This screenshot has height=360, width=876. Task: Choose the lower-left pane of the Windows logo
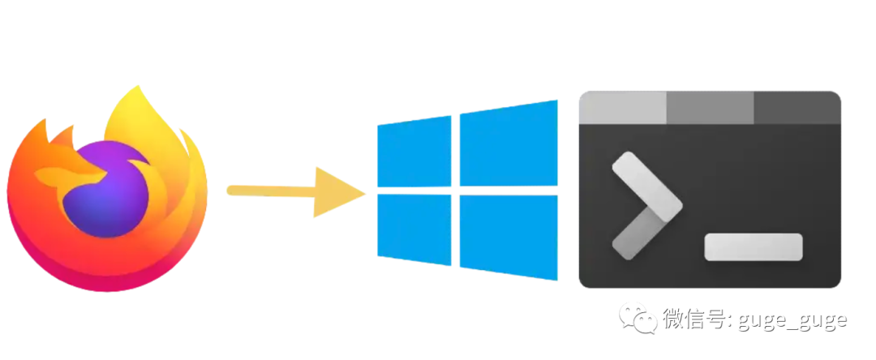414,229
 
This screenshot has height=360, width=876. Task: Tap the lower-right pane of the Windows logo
509,237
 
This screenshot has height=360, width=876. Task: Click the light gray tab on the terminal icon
622,107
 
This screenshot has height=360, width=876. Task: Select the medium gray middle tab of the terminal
710,107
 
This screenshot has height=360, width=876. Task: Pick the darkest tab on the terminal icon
797,107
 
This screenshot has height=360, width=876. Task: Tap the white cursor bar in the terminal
753,246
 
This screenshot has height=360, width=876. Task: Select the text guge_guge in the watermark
792,319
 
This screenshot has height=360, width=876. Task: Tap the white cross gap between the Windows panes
455,192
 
